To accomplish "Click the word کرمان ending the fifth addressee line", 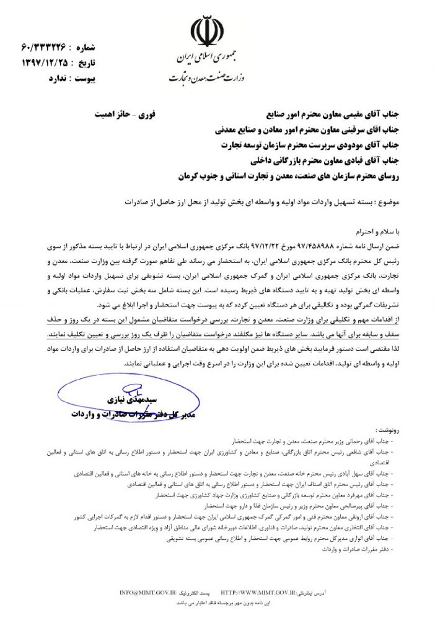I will click(x=190, y=175).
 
